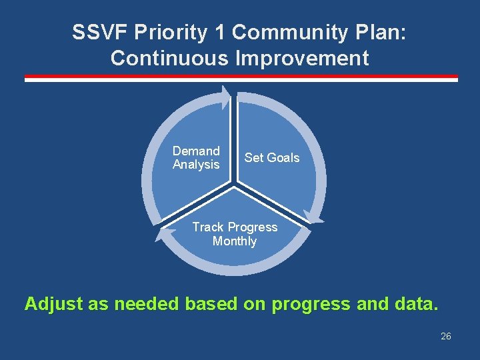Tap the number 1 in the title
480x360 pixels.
click(220, 33)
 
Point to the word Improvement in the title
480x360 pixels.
click(302, 58)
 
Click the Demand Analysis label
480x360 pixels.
click(196, 158)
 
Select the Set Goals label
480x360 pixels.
click(272, 158)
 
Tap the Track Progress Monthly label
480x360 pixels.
click(235, 234)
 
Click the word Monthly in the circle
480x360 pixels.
click(235, 241)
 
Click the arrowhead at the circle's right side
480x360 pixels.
click(314, 215)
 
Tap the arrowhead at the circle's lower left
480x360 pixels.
click(161, 234)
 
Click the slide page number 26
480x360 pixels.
click(446, 336)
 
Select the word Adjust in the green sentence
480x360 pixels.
click(53, 304)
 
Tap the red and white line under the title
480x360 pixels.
click(241, 79)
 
